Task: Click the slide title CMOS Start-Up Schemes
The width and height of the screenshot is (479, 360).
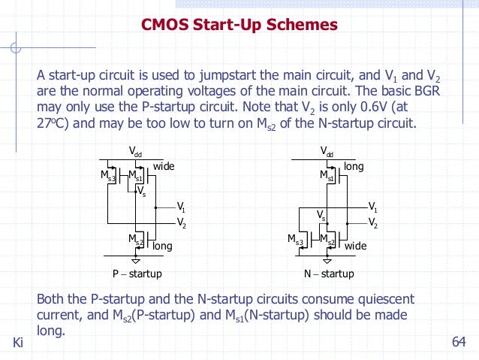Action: pyautogui.click(x=239, y=26)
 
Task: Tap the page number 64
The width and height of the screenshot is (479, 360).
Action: pyautogui.click(x=459, y=343)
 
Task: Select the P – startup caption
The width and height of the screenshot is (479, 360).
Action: pyautogui.click(x=137, y=274)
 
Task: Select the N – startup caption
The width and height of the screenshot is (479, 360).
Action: pyautogui.click(x=329, y=274)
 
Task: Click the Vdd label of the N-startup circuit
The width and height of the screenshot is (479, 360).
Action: pyautogui.click(x=328, y=153)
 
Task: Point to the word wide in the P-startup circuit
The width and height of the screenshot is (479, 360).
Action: pyautogui.click(x=164, y=165)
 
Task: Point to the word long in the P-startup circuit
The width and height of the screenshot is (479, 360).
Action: pyautogui.click(x=162, y=246)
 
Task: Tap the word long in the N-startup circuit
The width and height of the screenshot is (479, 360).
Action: pyautogui.click(x=354, y=165)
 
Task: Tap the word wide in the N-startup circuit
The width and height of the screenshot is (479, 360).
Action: pyautogui.click(x=355, y=246)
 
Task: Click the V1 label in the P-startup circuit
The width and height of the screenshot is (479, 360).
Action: pyautogui.click(x=181, y=206)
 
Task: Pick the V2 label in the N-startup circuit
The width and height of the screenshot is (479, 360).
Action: pyautogui.click(x=372, y=223)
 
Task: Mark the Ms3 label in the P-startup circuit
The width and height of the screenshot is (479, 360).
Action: pyautogui.click(x=108, y=177)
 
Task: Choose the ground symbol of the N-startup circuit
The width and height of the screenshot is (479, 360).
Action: pyautogui.click(x=328, y=261)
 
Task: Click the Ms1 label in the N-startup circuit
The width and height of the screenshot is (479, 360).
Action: pyautogui.click(x=327, y=177)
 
